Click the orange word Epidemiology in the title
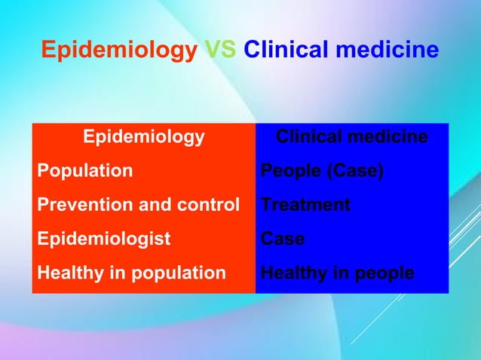pyautogui.click(x=119, y=50)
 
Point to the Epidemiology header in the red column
pyautogui.click(x=143, y=137)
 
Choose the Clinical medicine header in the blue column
pyautogui.click(x=352, y=137)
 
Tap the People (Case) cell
pyautogui.click(x=322, y=171)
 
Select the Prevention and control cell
pyautogui.click(x=139, y=205)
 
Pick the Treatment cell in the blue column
pyautogui.click(x=305, y=205)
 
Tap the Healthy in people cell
pyautogui.click(x=337, y=273)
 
